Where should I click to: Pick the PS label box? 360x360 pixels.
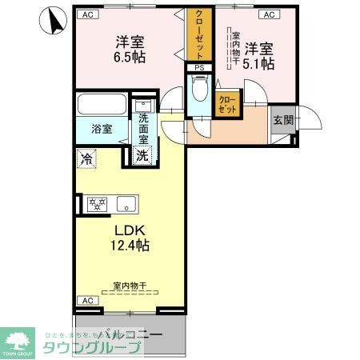tap(200, 68)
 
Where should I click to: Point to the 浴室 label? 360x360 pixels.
tap(101, 128)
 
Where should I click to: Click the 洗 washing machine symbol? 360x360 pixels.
tap(142, 155)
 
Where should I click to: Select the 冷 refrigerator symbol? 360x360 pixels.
tap(86, 158)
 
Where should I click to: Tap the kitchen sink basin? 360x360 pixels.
tap(126, 205)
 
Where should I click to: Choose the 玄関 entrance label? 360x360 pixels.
tap(282, 120)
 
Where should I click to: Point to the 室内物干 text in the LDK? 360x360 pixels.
tap(128, 286)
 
